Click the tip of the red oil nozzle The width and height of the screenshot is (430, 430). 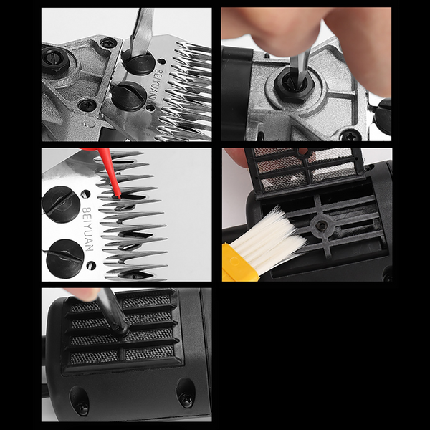point(119,198)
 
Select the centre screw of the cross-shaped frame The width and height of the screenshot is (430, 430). point(320,226)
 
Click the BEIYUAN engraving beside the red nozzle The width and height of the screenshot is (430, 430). point(88,229)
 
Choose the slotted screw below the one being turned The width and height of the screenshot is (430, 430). point(128,96)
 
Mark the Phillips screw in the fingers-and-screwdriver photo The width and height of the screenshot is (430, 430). point(350,135)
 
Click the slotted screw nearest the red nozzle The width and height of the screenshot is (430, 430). point(61,204)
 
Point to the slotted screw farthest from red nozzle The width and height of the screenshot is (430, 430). point(65,259)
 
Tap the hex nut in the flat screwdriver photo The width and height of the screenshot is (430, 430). point(55,59)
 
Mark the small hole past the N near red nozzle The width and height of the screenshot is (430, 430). point(91,265)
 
